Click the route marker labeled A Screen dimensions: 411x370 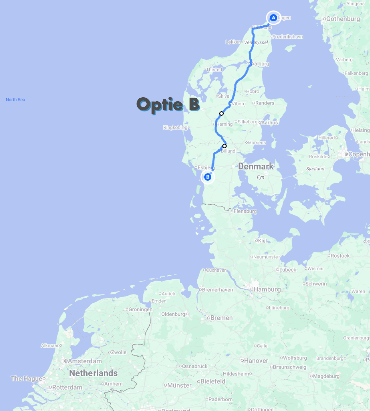[273, 18]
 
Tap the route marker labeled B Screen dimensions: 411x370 [207, 177]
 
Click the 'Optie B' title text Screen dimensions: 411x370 [168, 104]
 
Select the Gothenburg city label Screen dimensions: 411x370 [343, 19]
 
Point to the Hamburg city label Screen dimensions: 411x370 [267, 289]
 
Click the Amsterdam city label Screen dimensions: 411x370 [85, 361]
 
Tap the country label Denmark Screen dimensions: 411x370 [255, 166]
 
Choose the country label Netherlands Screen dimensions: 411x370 [93, 373]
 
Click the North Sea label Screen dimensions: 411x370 [15, 100]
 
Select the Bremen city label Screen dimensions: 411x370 [221, 318]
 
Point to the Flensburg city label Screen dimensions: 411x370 [245, 211]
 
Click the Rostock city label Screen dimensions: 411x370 [340, 256]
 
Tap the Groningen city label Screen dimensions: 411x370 [140, 310]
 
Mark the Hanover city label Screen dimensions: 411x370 [256, 361]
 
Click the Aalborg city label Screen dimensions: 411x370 [260, 64]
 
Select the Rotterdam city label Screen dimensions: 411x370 [67, 388]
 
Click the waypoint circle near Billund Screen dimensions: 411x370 [224, 146]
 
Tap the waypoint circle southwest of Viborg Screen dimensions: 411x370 [221, 113]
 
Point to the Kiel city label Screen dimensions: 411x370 [262, 241]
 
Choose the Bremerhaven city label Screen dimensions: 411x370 [217, 290]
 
